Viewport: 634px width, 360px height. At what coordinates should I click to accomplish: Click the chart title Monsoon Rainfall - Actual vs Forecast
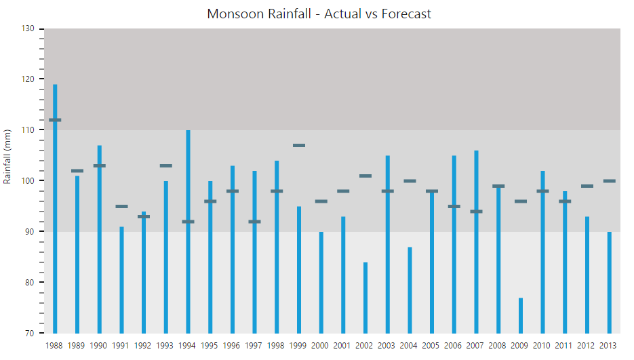319,14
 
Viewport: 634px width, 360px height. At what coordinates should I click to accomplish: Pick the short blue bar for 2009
521,315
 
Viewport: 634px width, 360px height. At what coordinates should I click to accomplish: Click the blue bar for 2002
365,298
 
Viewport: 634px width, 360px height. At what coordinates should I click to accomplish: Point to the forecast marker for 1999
299,145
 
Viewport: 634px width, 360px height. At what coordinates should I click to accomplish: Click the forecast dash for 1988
55,120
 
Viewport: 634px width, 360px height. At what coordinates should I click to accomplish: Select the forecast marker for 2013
610,181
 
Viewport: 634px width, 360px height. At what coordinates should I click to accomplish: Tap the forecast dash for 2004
410,181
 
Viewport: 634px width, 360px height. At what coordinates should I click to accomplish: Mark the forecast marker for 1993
165,165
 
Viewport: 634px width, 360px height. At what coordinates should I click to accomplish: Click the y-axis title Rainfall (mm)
7,157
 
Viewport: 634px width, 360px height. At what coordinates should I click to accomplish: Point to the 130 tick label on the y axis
27,28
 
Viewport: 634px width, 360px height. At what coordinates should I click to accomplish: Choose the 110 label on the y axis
27,129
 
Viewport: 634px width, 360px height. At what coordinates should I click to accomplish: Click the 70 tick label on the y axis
29,333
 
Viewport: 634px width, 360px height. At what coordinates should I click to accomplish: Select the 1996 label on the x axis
232,346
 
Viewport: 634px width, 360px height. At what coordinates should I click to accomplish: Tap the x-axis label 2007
476,346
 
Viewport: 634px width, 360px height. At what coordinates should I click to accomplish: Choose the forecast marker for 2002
365,176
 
